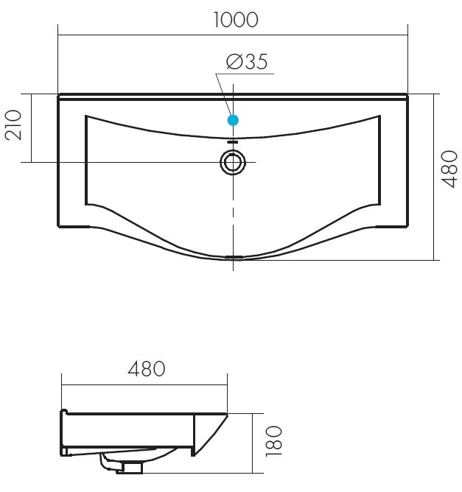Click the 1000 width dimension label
click(x=236, y=20)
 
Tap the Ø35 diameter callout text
click(x=247, y=62)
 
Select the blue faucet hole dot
click(x=233, y=120)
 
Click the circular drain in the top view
click(x=233, y=162)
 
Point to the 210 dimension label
click(x=13, y=125)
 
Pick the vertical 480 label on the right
click(x=449, y=169)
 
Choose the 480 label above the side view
click(x=146, y=369)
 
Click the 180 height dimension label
click(x=273, y=441)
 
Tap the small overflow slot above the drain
click(x=233, y=142)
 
